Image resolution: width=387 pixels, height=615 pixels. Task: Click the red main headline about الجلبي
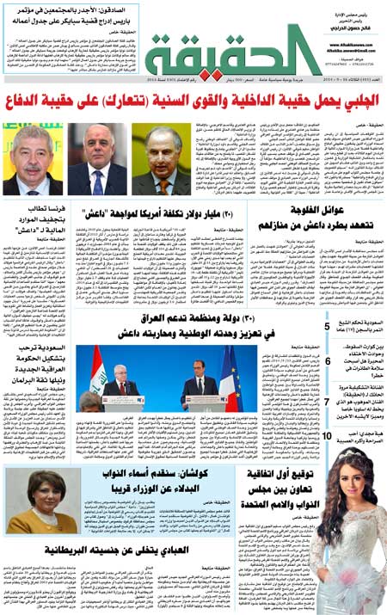[x=193, y=101]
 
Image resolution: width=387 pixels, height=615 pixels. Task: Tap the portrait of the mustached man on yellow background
[x=33, y=159]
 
